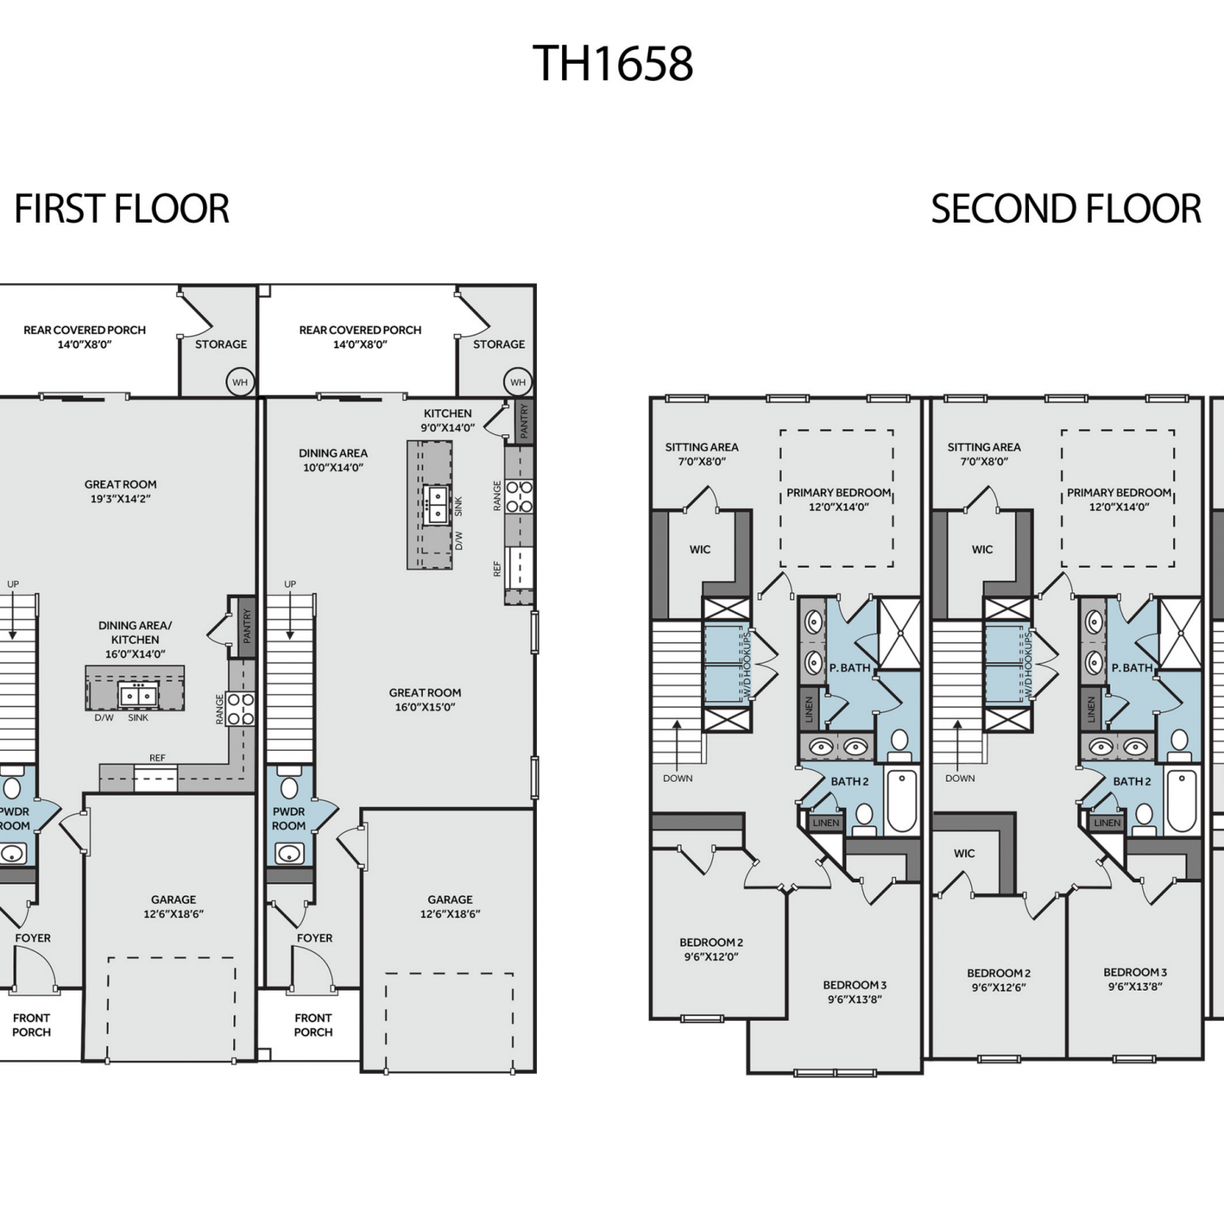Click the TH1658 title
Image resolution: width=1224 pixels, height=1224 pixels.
(613, 64)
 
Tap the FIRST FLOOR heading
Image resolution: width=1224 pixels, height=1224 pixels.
(122, 209)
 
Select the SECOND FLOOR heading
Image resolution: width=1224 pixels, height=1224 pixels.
(1066, 209)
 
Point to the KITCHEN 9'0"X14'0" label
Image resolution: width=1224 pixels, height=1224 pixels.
(447, 420)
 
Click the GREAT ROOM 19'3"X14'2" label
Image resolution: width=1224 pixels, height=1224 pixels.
(121, 491)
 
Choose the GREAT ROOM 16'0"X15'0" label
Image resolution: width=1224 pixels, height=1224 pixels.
(425, 700)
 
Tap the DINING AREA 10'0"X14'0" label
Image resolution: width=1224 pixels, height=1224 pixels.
(333, 460)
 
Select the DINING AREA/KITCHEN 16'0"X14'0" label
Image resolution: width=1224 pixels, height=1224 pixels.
(135, 640)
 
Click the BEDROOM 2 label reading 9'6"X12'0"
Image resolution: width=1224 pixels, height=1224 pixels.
(712, 949)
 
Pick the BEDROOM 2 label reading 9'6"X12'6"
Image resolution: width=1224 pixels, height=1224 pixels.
(999, 980)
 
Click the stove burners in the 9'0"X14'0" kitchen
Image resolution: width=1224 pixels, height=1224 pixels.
(519, 496)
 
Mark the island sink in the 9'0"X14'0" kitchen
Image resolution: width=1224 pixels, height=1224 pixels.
(437, 504)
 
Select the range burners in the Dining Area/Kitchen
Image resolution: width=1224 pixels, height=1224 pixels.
(242, 708)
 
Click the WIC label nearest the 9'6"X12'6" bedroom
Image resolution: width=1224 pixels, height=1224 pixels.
(965, 854)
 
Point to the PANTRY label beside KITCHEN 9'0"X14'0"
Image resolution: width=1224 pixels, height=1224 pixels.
(525, 420)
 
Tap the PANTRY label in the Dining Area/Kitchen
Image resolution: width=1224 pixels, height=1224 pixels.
(247, 626)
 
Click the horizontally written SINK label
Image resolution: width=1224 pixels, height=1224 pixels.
(139, 718)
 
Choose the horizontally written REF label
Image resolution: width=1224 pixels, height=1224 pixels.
(157, 758)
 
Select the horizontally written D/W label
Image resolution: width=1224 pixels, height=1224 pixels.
(104, 718)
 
